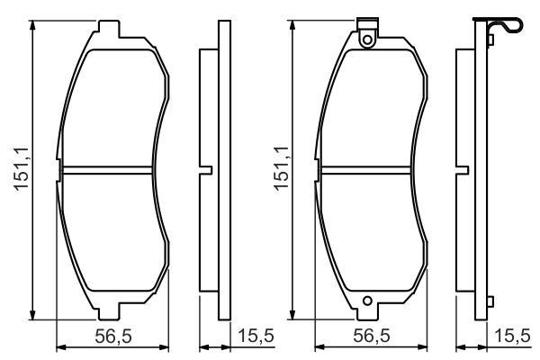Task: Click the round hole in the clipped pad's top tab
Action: (366, 39)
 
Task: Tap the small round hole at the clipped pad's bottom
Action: (366, 302)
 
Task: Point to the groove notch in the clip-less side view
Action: (207, 169)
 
